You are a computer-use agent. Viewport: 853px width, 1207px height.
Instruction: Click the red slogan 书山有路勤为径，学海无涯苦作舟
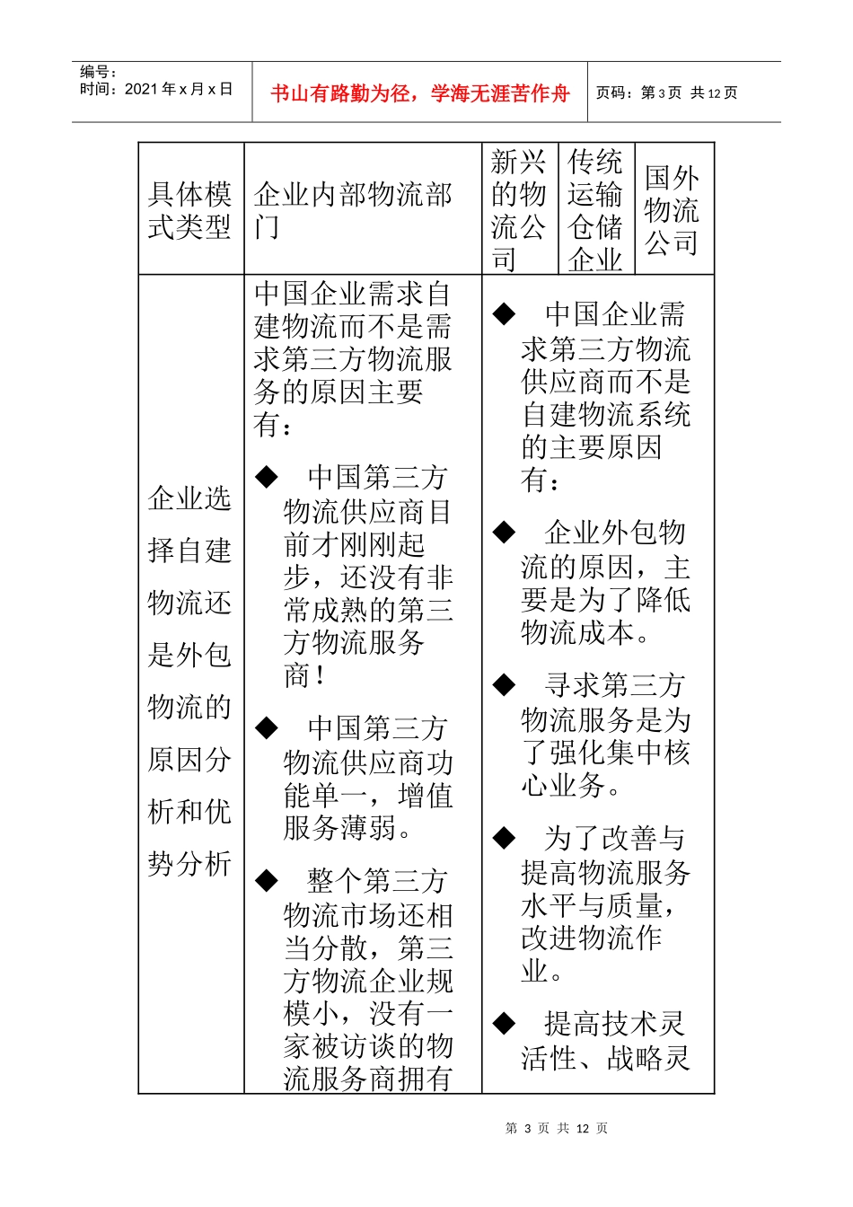[419, 93]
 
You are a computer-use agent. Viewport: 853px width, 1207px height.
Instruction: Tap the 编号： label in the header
[99, 72]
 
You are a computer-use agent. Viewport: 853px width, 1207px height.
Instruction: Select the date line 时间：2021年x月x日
[156, 89]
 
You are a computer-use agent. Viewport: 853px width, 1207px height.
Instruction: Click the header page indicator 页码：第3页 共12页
[666, 93]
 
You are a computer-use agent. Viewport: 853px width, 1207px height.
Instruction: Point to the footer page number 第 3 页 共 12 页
[557, 1128]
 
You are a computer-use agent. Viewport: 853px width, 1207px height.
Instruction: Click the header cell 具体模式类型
[190, 210]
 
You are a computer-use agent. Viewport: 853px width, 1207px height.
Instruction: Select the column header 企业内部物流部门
[353, 210]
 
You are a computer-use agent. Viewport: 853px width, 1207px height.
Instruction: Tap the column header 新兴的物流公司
[519, 210]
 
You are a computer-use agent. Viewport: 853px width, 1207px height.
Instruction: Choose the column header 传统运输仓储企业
[595, 210]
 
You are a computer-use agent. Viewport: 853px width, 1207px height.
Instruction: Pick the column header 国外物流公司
[672, 210]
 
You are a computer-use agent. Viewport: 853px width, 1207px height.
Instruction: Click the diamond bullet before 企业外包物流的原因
[504, 533]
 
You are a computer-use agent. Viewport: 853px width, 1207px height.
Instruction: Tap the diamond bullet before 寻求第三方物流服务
[504, 685]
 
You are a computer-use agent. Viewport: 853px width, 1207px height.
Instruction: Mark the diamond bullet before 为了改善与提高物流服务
[504, 839]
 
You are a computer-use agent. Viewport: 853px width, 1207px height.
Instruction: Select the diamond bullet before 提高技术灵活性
[504, 1023]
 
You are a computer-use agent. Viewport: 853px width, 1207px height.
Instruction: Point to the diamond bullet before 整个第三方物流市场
[267, 880]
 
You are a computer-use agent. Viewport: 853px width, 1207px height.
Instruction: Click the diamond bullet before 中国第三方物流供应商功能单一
[267, 727]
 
